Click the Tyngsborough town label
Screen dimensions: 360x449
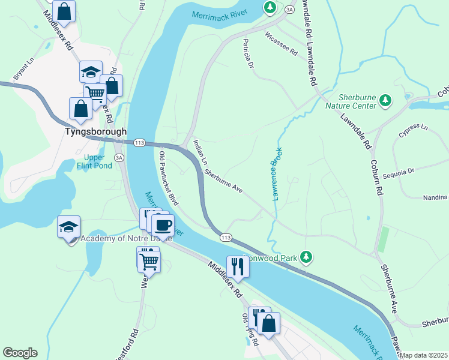pos(96,131)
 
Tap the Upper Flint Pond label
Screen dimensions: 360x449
pos(94,161)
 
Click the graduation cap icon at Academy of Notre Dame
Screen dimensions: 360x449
pos(69,227)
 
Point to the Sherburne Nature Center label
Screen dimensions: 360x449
pos(357,101)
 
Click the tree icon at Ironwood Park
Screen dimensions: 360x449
pos(306,257)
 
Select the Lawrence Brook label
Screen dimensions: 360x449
pos(277,175)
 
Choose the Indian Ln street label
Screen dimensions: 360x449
pos(200,153)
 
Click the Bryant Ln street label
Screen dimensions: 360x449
pos(23,69)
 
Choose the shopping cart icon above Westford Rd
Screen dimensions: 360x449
pos(148,260)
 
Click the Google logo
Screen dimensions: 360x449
pos(20,353)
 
